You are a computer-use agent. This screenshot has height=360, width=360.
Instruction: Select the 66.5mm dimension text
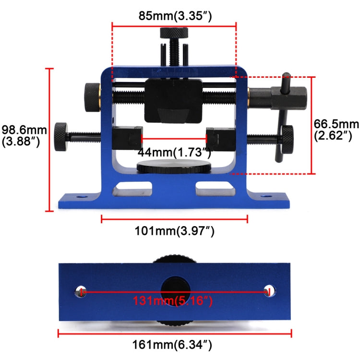click(x=336, y=130)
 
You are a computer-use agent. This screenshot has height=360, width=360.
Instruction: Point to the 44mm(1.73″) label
click(x=174, y=153)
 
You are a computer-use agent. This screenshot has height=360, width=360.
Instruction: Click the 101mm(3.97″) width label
click(x=174, y=231)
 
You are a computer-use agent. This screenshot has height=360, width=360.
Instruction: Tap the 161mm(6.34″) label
click(x=174, y=344)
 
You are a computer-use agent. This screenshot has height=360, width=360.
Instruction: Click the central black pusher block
click(x=173, y=101)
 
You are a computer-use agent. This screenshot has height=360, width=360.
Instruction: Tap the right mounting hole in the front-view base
click(x=265, y=197)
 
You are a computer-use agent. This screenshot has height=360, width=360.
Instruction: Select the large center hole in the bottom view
click(x=174, y=290)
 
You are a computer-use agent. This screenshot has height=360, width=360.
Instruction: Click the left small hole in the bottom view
click(x=79, y=290)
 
